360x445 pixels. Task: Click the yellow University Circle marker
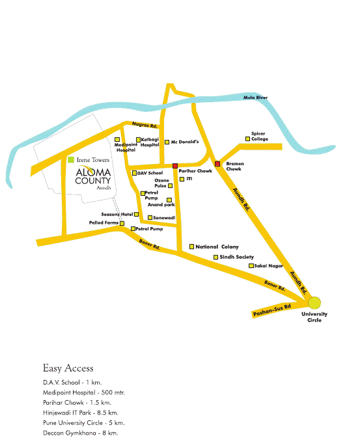314,302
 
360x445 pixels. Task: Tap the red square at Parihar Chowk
175,166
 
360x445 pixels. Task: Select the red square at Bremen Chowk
217,163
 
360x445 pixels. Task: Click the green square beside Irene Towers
71,159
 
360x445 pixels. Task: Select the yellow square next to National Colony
191,247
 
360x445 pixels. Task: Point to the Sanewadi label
163,217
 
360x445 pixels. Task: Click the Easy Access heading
68,368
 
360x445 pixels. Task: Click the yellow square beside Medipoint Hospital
117,139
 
